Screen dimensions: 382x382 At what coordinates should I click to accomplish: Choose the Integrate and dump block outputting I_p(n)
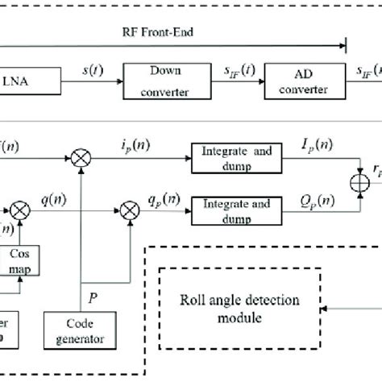point(228,159)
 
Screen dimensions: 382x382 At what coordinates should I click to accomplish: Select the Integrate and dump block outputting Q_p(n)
point(228,214)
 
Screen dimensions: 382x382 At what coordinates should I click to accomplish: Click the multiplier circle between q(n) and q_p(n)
point(128,215)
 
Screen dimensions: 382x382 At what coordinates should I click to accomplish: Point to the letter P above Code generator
point(93,297)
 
